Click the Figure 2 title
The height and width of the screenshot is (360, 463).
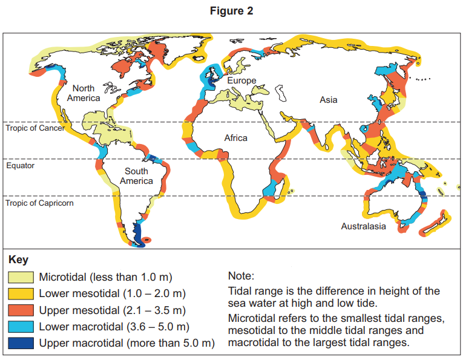(x=232, y=11)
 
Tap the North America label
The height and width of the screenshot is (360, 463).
(x=84, y=93)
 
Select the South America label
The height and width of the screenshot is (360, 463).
(x=136, y=176)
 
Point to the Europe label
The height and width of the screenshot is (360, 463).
(x=241, y=80)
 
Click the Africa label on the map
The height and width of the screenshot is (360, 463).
(x=236, y=138)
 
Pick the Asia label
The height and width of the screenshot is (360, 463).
(x=329, y=100)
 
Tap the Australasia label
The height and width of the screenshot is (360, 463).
(x=363, y=227)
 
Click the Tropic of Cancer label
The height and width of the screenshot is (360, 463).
(x=35, y=128)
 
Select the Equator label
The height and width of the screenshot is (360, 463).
(x=21, y=165)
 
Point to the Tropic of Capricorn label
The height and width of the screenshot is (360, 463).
(x=40, y=203)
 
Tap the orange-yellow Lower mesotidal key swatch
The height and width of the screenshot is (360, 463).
(x=21, y=294)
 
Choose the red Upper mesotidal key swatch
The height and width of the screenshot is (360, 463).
(x=21, y=310)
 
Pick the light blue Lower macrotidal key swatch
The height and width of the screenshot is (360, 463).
(x=21, y=327)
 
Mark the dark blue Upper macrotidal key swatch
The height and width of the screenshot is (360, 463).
(x=21, y=343)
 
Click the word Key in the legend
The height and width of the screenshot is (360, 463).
(x=18, y=260)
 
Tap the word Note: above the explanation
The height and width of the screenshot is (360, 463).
(x=242, y=276)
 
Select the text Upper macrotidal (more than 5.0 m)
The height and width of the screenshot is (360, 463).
(x=127, y=343)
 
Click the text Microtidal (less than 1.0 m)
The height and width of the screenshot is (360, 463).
(x=106, y=278)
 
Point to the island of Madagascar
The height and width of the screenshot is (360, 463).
(x=279, y=192)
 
